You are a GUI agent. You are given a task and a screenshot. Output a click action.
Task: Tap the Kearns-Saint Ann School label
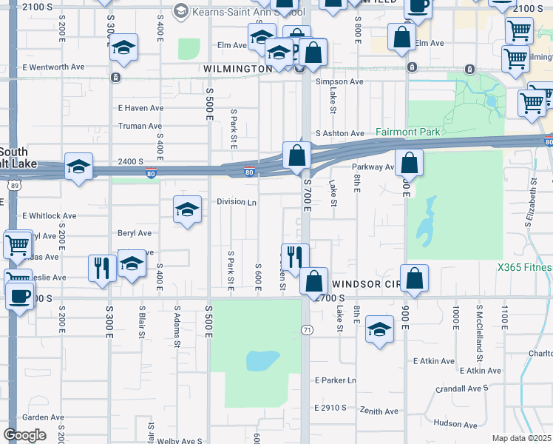(237, 12)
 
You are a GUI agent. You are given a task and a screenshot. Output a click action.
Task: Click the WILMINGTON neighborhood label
(237, 68)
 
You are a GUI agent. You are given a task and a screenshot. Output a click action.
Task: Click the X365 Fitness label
(525, 266)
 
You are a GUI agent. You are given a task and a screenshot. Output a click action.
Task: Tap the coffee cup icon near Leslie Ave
(18, 297)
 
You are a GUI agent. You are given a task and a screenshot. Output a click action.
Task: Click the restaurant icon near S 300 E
(101, 268)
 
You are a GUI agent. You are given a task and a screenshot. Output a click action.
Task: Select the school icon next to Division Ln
(187, 209)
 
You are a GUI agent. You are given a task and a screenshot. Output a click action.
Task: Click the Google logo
(24, 435)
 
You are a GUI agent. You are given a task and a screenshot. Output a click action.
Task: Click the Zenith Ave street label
(379, 411)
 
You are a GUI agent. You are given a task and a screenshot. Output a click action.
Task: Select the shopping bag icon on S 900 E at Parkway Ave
(408, 163)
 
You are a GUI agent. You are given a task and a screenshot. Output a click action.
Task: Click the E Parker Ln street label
(335, 380)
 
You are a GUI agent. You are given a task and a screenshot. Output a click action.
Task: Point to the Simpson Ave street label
(339, 82)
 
